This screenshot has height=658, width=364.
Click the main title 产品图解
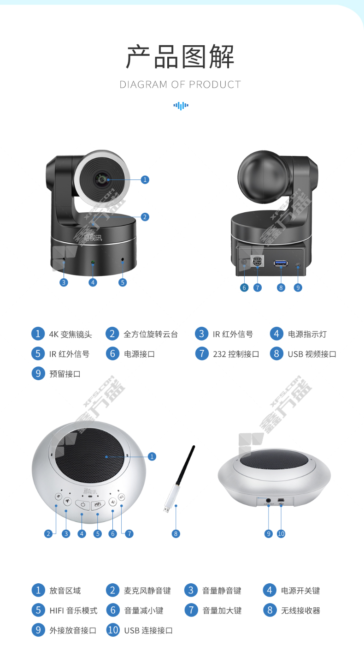coord(180,57)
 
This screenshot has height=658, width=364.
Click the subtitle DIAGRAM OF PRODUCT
coord(180,84)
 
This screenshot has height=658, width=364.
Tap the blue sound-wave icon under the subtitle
coord(181,106)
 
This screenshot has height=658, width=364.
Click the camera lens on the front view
coord(101,179)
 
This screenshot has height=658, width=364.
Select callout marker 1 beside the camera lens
coord(145,179)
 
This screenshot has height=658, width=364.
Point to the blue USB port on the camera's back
coord(281,263)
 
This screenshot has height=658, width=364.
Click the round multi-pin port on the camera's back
coord(257,261)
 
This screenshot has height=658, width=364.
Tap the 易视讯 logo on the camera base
coord(93,237)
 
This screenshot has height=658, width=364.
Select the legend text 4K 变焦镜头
coord(70,334)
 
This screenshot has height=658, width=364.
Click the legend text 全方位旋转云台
coord(151,334)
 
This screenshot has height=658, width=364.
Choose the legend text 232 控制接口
coord(236,354)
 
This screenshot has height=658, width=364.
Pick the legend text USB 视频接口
coord(312,354)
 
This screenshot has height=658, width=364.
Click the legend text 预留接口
coord(65,374)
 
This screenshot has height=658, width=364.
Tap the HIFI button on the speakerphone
coord(98,504)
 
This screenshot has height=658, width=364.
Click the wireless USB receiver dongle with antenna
coord(179,479)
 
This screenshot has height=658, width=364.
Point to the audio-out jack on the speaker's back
coord(268,500)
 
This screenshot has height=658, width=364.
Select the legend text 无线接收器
coord(300,611)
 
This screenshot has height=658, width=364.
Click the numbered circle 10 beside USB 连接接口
coord(112,630)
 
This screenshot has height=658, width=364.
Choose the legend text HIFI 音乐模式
coord(73,611)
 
